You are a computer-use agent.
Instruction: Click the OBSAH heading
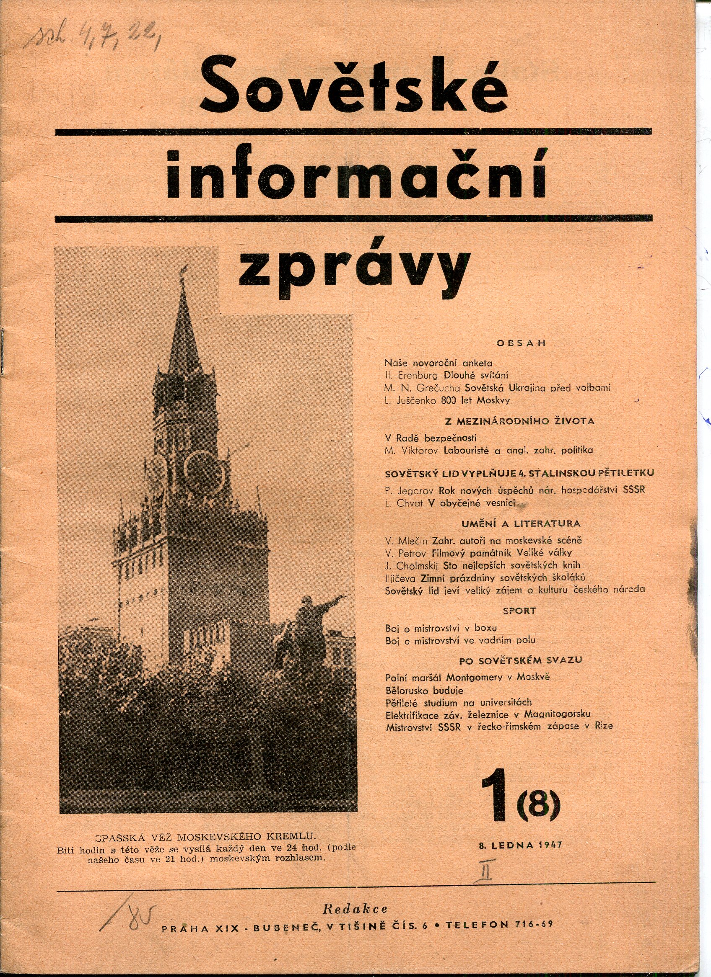[x=521, y=343]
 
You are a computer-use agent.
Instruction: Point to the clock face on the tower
[x=205, y=472]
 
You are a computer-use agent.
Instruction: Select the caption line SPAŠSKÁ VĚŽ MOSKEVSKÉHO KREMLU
[x=205, y=837]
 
